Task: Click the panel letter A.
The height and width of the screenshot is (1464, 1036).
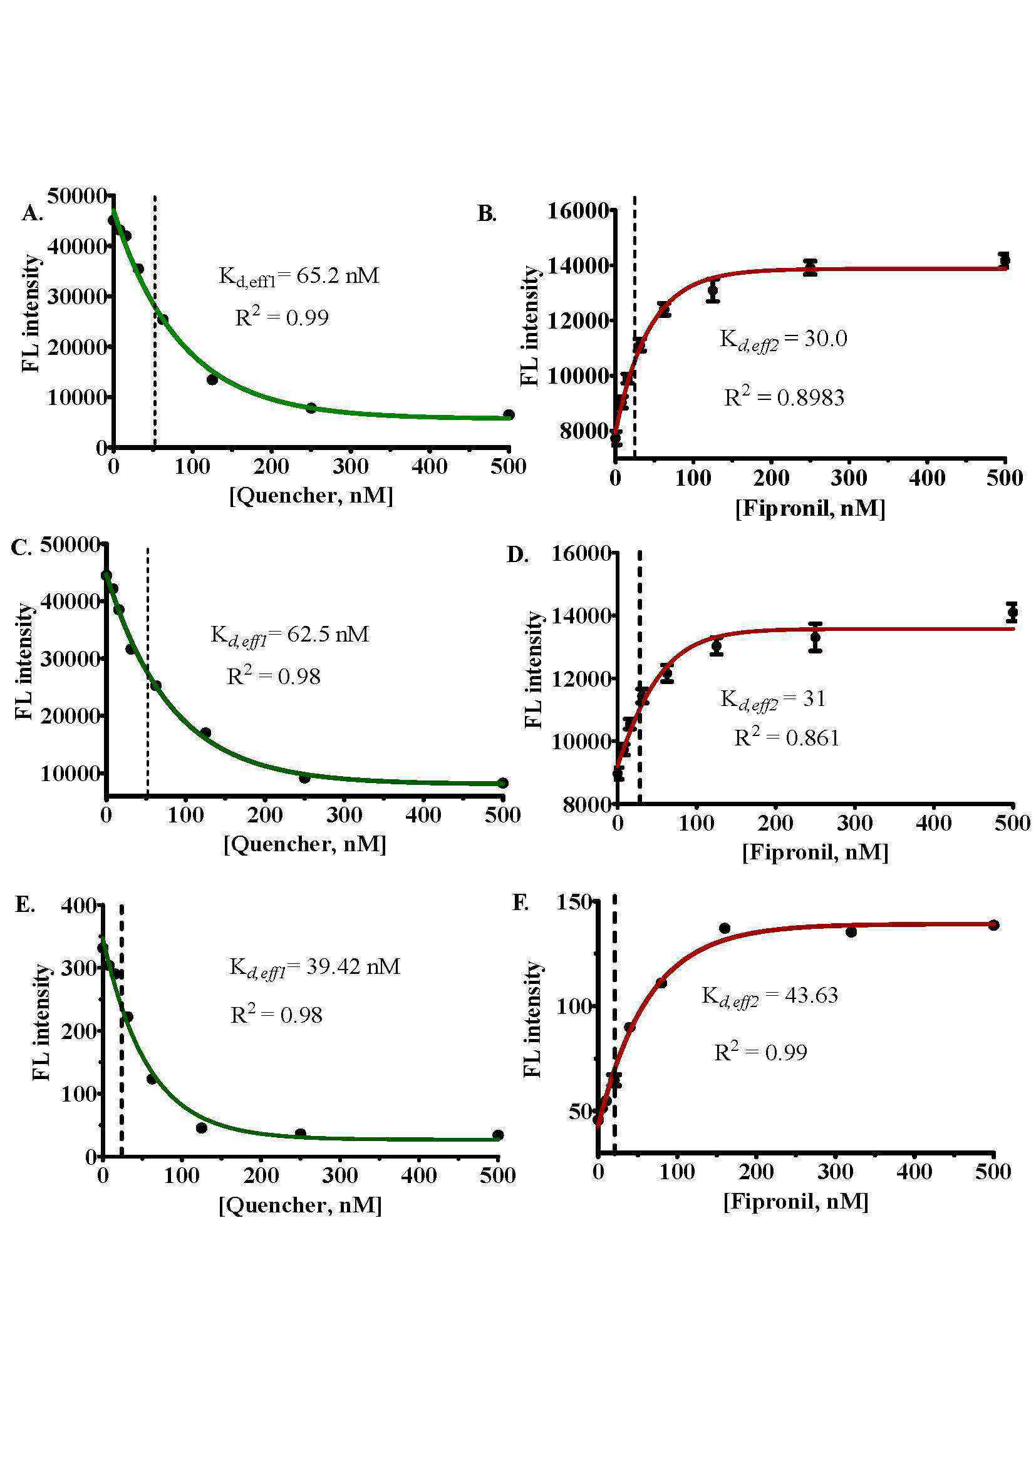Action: tap(32, 213)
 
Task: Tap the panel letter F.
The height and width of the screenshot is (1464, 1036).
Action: tap(521, 903)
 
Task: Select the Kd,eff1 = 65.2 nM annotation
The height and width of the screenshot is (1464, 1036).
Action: tap(299, 276)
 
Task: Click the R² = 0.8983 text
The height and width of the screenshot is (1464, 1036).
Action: tap(784, 396)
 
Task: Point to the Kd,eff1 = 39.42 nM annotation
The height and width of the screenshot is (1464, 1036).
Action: tap(314, 967)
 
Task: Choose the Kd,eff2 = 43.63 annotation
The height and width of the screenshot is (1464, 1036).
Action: tap(770, 996)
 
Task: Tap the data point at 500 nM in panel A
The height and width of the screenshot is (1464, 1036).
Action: tap(509, 414)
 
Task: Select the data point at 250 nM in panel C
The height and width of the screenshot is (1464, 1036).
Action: tap(304, 777)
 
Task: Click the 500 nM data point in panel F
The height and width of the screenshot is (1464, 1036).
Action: tap(993, 924)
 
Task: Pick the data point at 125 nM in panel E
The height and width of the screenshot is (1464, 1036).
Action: tap(202, 1128)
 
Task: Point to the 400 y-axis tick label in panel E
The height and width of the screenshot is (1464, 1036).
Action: tap(78, 905)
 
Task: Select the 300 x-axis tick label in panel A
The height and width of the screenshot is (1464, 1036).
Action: tap(350, 466)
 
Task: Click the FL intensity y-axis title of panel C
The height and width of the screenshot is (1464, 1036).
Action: tap(24, 660)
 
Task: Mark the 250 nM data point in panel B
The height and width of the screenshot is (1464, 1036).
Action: tap(810, 268)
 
